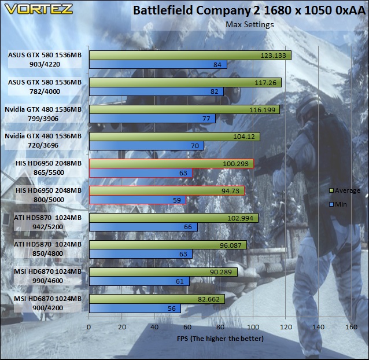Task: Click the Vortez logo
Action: pyautogui.click(x=39, y=9)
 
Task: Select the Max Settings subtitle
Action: pyautogui.click(x=250, y=24)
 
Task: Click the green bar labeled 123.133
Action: pyautogui.click(x=190, y=56)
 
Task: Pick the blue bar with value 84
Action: pyautogui.click(x=158, y=64)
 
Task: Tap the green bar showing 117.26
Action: pyautogui.click(x=185, y=83)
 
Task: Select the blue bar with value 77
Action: pyautogui.click(x=152, y=119)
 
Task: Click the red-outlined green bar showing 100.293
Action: pyautogui.click(x=172, y=164)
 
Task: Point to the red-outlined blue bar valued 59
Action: pyautogui.click(x=138, y=200)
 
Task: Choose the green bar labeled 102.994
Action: pyautogui.click(x=174, y=218)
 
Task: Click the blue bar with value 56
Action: pyautogui.click(x=135, y=308)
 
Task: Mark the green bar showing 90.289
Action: pyautogui.click(x=163, y=272)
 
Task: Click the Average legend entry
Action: pyautogui.click(x=345, y=190)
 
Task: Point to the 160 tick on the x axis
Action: pyautogui.click(x=351, y=327)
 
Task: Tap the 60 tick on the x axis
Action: pyautogui.click(x=187, y=327)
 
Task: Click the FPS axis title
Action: pyautogui.click(x=220, y=339)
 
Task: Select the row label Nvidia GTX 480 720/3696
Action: pyautogui.click(x=43, y=141)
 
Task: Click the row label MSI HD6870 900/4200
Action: pyautogui.click(x=47, y=303)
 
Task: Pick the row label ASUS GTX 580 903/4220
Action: pyautogui.click(x=45, y=60)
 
